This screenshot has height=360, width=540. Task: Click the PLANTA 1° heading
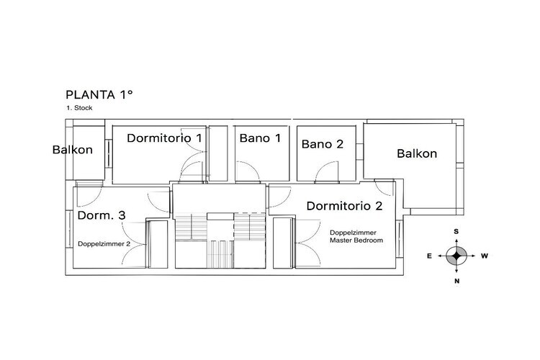(99, 95)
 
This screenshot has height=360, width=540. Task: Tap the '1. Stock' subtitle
(79, 108)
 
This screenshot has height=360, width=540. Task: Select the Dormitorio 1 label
(164, 138)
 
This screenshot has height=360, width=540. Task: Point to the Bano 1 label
(260, 138)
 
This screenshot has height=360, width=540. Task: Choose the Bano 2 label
(323, 144)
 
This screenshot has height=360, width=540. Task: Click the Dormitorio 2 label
(344, 206)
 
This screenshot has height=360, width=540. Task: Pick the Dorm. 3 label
(102, 215)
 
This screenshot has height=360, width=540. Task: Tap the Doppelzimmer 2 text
(104, 244)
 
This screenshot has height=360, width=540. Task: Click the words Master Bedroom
(356, 240)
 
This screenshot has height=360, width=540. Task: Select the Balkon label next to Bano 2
(417, 153)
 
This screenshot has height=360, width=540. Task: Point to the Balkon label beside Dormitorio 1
(72, 150)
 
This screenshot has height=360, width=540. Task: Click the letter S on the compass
(456, 232)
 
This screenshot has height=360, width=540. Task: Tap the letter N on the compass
(457, 281)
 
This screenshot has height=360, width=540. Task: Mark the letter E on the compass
(429, 256)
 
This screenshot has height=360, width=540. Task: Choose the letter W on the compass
(485, 256)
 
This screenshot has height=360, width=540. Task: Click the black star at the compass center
(456, 256)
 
